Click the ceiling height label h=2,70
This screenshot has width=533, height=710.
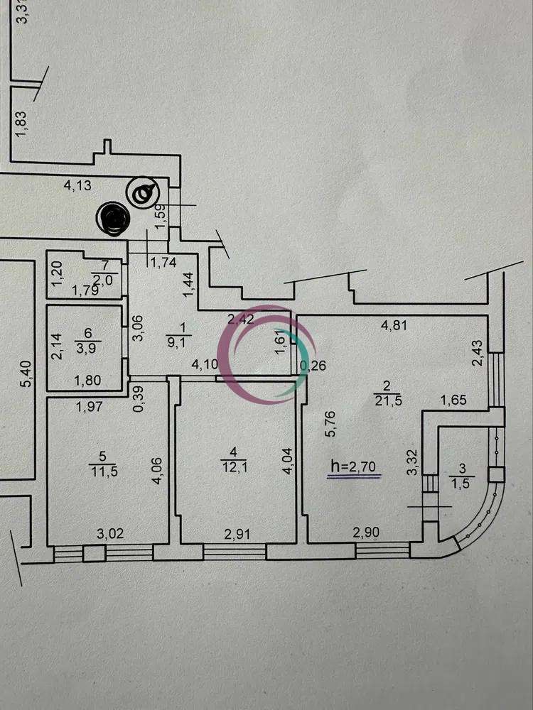point(353,466)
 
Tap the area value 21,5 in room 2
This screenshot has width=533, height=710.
point(388,400)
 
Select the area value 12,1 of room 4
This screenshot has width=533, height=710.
point(233,466)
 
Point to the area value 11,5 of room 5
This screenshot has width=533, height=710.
point(104,471)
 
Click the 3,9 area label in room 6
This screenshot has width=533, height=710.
point(87,348)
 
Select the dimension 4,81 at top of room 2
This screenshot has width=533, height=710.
point(394,326)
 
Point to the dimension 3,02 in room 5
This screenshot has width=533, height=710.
point(110,533)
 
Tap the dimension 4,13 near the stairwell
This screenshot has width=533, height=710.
point(77,185)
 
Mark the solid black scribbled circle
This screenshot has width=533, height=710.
point(113,219)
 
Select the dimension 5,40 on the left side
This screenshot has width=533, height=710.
point(27,373)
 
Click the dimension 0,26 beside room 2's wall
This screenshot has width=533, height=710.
point(313,365)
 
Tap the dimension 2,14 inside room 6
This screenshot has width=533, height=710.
point(57,346)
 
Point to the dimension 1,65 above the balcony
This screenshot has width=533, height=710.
point(453,400)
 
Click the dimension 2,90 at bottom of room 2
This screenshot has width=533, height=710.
point(366,533)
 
